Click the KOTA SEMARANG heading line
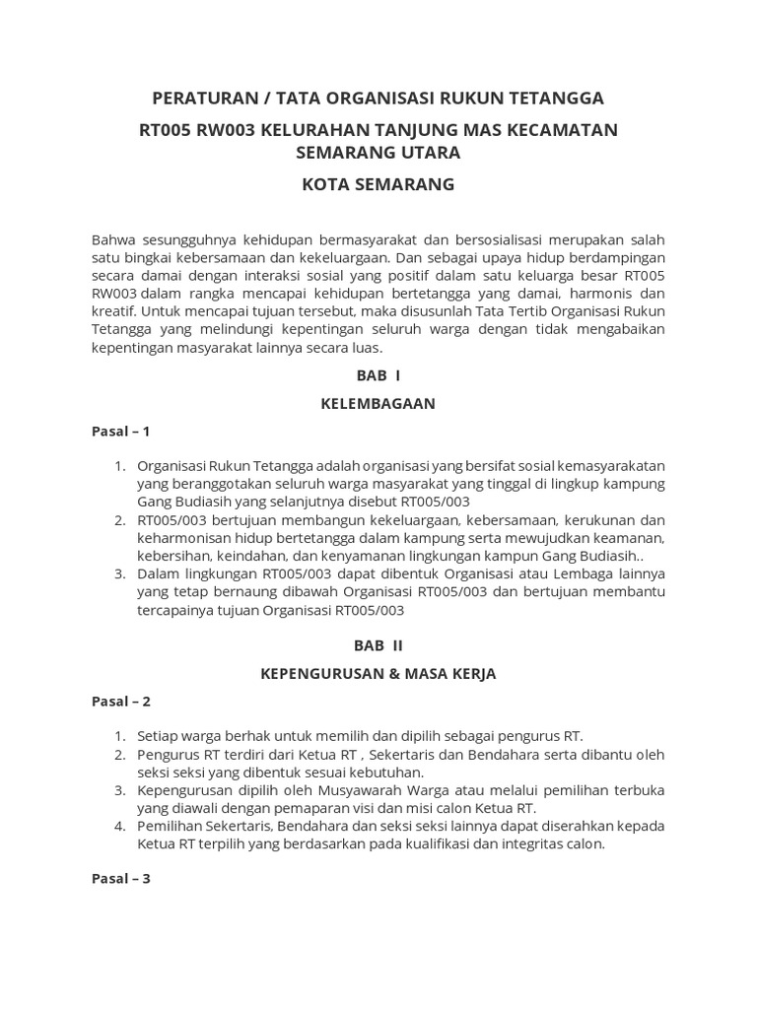[x=378, y=184]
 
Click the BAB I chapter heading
[x=378, y=375]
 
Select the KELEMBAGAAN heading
[x=378, y=403]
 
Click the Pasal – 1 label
[x=120, y=431]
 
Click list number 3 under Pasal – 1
[x=119, y=573]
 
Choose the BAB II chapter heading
[x=378, y=645]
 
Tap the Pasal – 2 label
[x=120, y=701]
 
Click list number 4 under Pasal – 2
[x=119, y=826]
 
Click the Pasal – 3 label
[x=120, y=879]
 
